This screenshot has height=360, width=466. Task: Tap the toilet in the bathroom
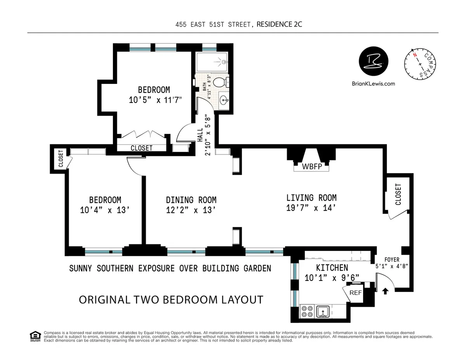coord(220,82)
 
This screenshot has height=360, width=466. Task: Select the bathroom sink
coord(223,100)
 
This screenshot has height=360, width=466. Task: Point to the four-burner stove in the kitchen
coord(307,311)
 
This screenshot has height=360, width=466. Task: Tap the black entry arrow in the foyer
coord(385,290)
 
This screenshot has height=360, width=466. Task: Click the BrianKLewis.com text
coord(373,83)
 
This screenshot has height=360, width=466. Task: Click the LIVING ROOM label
coord(311,198)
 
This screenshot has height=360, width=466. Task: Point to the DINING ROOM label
coord(191,200)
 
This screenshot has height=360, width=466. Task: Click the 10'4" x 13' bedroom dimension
coord(105,210)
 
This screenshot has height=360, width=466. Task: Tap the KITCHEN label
coord(332,268)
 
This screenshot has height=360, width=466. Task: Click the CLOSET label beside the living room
coord(398,194)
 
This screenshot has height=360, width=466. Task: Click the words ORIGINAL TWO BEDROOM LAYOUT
coord(171,300)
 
